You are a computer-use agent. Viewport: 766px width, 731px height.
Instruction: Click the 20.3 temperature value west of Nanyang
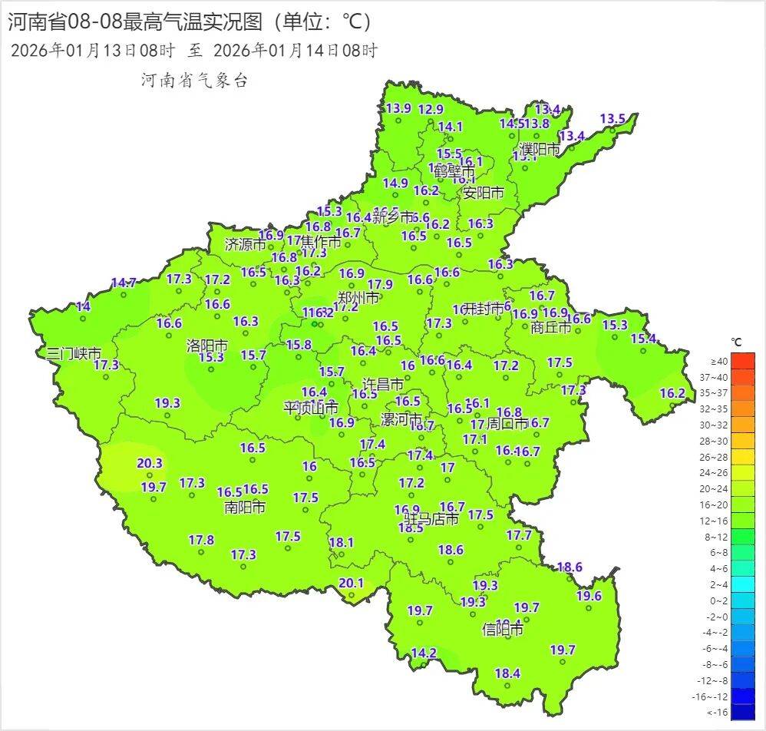click(150, 463)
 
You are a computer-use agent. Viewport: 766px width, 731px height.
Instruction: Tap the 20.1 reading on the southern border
click(351, 583)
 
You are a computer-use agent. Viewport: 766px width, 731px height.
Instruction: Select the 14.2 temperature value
click(424, 653)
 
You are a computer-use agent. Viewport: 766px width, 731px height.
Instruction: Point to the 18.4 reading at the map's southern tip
click(507, 673)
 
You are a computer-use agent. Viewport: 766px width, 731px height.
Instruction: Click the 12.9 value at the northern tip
click(431, 109)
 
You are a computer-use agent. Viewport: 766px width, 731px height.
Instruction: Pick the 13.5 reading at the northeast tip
click(612, 118)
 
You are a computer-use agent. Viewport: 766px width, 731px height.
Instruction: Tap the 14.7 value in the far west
click(124, 283)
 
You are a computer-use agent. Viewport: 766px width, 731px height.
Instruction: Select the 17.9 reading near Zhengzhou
click(380, 284)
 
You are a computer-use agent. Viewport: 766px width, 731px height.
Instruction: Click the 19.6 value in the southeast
click(589, 596)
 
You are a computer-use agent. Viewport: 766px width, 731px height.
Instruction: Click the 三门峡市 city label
click(74, 354)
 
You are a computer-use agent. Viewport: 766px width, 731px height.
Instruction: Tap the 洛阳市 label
click(207, 346)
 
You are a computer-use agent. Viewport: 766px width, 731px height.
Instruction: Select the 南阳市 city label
click(245, 508)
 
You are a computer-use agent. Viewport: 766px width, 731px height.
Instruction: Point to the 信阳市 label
click(503, 630)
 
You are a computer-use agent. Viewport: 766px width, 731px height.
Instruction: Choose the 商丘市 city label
click(551, 327)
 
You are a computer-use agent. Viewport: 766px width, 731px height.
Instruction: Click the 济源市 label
click(245, 245)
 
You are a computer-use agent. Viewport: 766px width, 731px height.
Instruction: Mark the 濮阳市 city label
click(540, 149)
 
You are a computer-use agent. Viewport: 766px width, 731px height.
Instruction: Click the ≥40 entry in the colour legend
click(718, 361)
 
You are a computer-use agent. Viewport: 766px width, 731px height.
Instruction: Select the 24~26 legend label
click(718, 473)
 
